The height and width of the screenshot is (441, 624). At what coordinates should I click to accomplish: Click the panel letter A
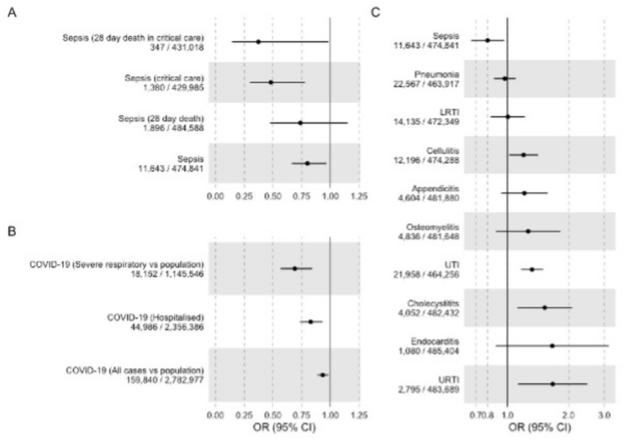click(x=12, y=12)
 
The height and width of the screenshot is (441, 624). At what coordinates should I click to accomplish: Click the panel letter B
click(x=12, y=230)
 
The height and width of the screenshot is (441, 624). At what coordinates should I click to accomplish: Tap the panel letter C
click(x=375, y=12)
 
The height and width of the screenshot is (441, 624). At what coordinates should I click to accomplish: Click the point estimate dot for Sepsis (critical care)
click(x=270, y=82)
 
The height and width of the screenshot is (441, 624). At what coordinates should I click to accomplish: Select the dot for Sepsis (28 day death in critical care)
click(x=258, y=42)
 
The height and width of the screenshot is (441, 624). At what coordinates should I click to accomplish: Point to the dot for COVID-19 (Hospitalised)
click(x=311, y=322)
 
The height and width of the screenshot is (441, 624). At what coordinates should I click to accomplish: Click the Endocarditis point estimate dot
click(x=552, y=346)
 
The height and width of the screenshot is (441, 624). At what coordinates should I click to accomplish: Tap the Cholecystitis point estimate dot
click(x=545, y=307)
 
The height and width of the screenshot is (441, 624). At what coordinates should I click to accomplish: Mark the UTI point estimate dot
click(x=532, y=269)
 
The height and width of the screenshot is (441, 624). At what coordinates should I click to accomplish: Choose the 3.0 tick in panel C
click(x=604, y=415)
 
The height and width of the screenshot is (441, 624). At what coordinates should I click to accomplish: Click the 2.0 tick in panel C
click(x=569, y=415)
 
